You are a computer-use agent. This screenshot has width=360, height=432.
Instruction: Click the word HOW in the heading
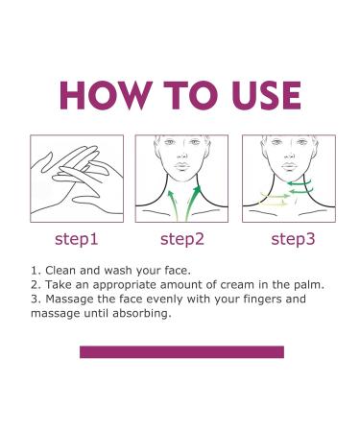(106, 95)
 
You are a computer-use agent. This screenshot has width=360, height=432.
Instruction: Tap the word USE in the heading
(267, 95)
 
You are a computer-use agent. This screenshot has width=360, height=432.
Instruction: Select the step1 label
(76, 239)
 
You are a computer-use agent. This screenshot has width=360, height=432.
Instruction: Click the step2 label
(182, 239)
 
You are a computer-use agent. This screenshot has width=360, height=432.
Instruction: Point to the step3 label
(293, 239)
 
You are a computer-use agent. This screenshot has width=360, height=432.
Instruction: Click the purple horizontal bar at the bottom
(181, 352)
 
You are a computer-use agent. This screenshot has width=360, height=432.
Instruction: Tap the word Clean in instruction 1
(60, 271)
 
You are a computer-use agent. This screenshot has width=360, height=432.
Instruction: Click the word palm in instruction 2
(309, 284)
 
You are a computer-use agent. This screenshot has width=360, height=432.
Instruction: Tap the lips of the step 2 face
(182, 166)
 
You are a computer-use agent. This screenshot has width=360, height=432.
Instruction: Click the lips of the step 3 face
(289, 166)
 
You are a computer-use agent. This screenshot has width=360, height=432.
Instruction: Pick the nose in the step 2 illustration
(181, 155)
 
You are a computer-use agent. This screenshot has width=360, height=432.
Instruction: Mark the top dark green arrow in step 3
(300, 183)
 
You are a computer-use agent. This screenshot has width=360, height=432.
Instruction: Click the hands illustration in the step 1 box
(77, 180)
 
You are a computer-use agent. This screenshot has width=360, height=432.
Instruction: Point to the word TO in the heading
(192, 95)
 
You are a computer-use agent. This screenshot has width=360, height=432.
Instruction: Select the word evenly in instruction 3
(165, 300)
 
